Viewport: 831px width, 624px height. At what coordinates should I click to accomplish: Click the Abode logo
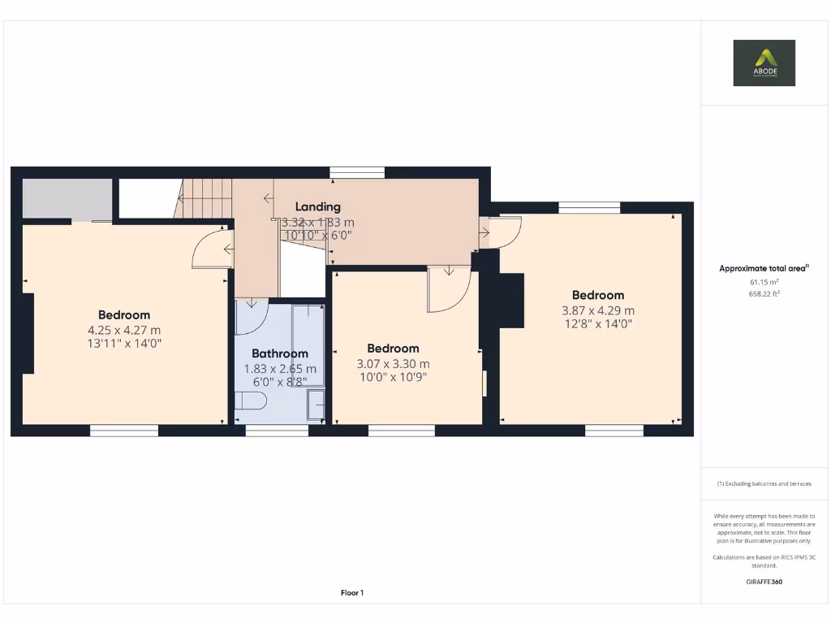click(764, 63)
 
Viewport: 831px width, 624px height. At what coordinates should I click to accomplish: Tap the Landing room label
click(317, 206)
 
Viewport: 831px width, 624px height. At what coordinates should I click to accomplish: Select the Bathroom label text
click(280, 353)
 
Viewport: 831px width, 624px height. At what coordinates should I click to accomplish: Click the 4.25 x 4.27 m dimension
click(124, 330)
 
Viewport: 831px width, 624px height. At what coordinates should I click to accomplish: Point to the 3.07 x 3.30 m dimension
click(394, 363)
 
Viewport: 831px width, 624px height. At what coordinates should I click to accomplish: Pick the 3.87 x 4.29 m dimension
click(598, 310)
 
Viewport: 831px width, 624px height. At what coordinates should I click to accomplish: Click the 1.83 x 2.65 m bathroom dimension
click(280, 368)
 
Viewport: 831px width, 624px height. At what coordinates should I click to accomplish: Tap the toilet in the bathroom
click(251, 401)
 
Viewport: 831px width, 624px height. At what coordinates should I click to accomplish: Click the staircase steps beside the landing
click(205, 199)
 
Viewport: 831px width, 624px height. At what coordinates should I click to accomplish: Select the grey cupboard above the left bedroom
click(67, 198)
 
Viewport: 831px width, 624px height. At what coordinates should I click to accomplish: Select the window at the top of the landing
click(357, 171)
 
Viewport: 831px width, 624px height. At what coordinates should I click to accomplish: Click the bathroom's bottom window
click(277, 431)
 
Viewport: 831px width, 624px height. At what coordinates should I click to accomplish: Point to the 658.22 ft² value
click(764, 294)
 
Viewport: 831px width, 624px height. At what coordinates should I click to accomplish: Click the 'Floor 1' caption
click(351, 593)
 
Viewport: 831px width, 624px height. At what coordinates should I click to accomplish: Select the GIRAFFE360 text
click(764, 582)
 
